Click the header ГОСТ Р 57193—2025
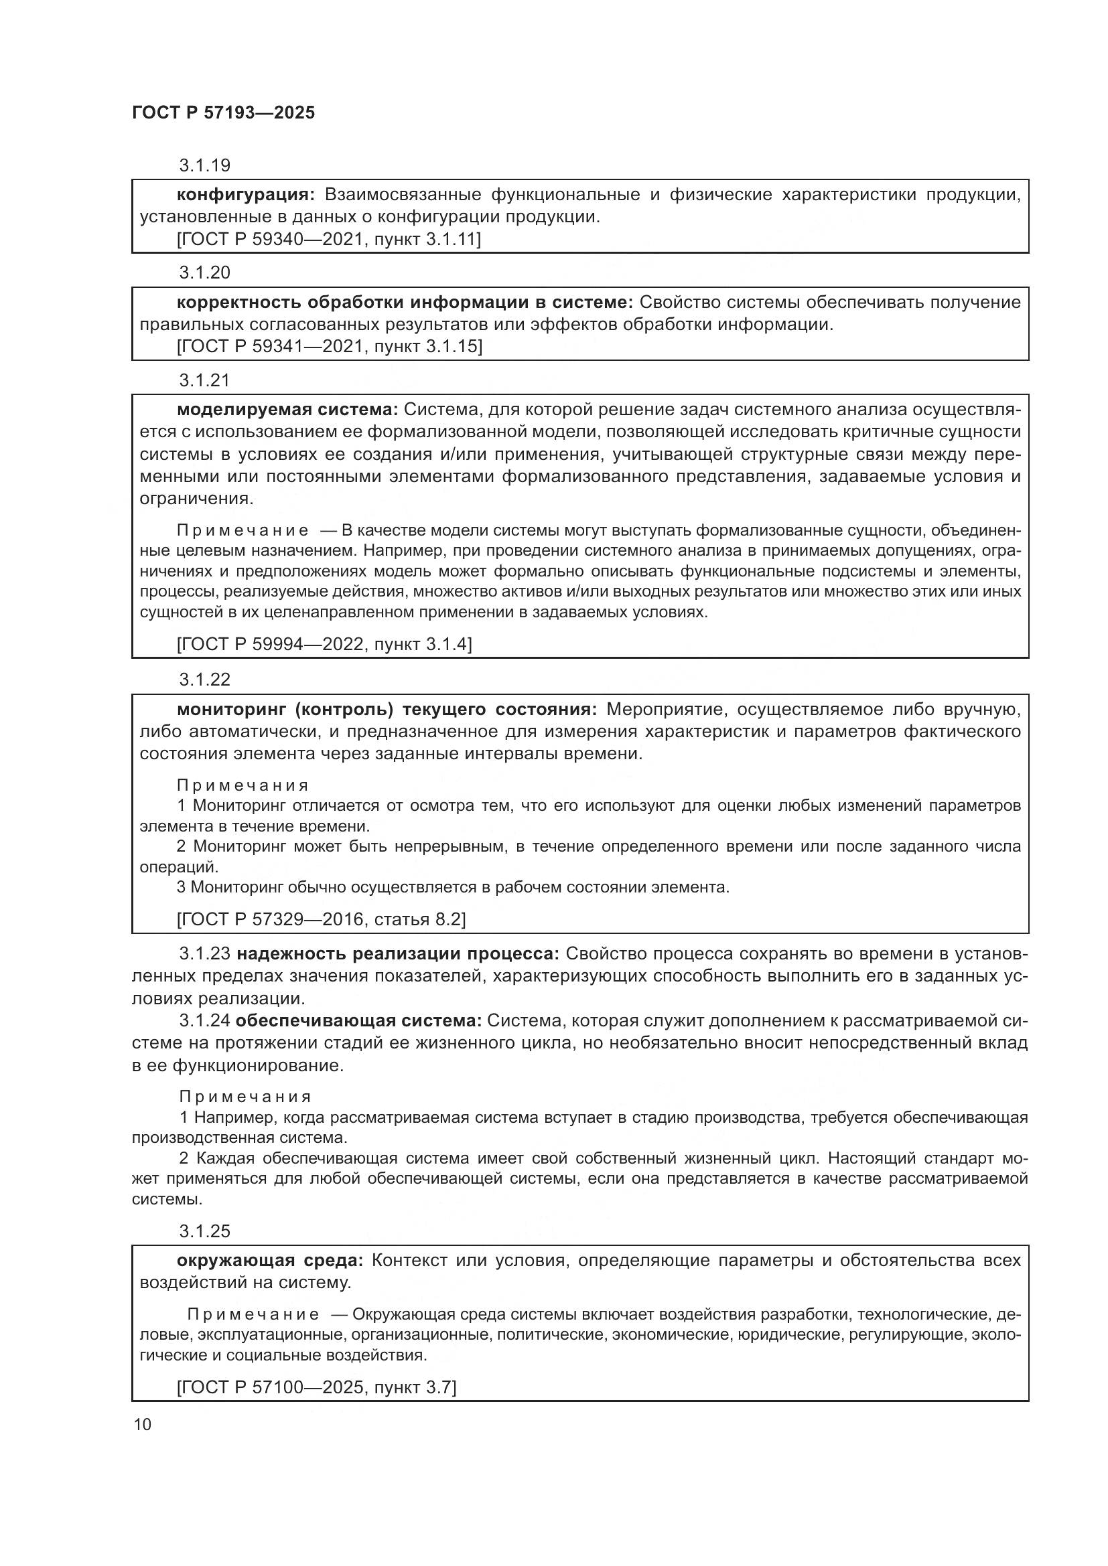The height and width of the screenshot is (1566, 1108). pyautogui.click(x=223, y=112)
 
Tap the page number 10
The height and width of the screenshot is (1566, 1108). pyautogui.click(x=143, y=1424)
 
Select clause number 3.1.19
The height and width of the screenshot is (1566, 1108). pyautogui.click(x=205, y=165)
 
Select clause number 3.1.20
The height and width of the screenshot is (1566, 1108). pyautogui.click(x=205, y=272)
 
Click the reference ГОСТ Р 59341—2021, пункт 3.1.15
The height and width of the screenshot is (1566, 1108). pyautogui.click(x=329, y=347)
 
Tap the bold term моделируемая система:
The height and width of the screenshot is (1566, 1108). pyautogui.click(x=287, y=409)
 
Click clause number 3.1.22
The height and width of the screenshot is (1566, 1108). pyautogui.click(x=205, y=680)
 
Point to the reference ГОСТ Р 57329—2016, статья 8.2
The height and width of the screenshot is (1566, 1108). pyautogui.click(x=321, y=919)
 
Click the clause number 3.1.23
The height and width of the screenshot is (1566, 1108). pyautogui.click(x=205, y=953)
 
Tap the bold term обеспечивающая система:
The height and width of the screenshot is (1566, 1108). pyautogui.click(x=359, y=1020)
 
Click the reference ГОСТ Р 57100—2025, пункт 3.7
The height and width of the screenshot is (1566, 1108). pyautogui.click(x=316, y=1387)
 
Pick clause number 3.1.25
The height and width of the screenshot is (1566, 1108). pyautogui.click(x=205, y=1231)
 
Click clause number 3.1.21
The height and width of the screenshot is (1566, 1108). pyautogui.click(x=205, y=380)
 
